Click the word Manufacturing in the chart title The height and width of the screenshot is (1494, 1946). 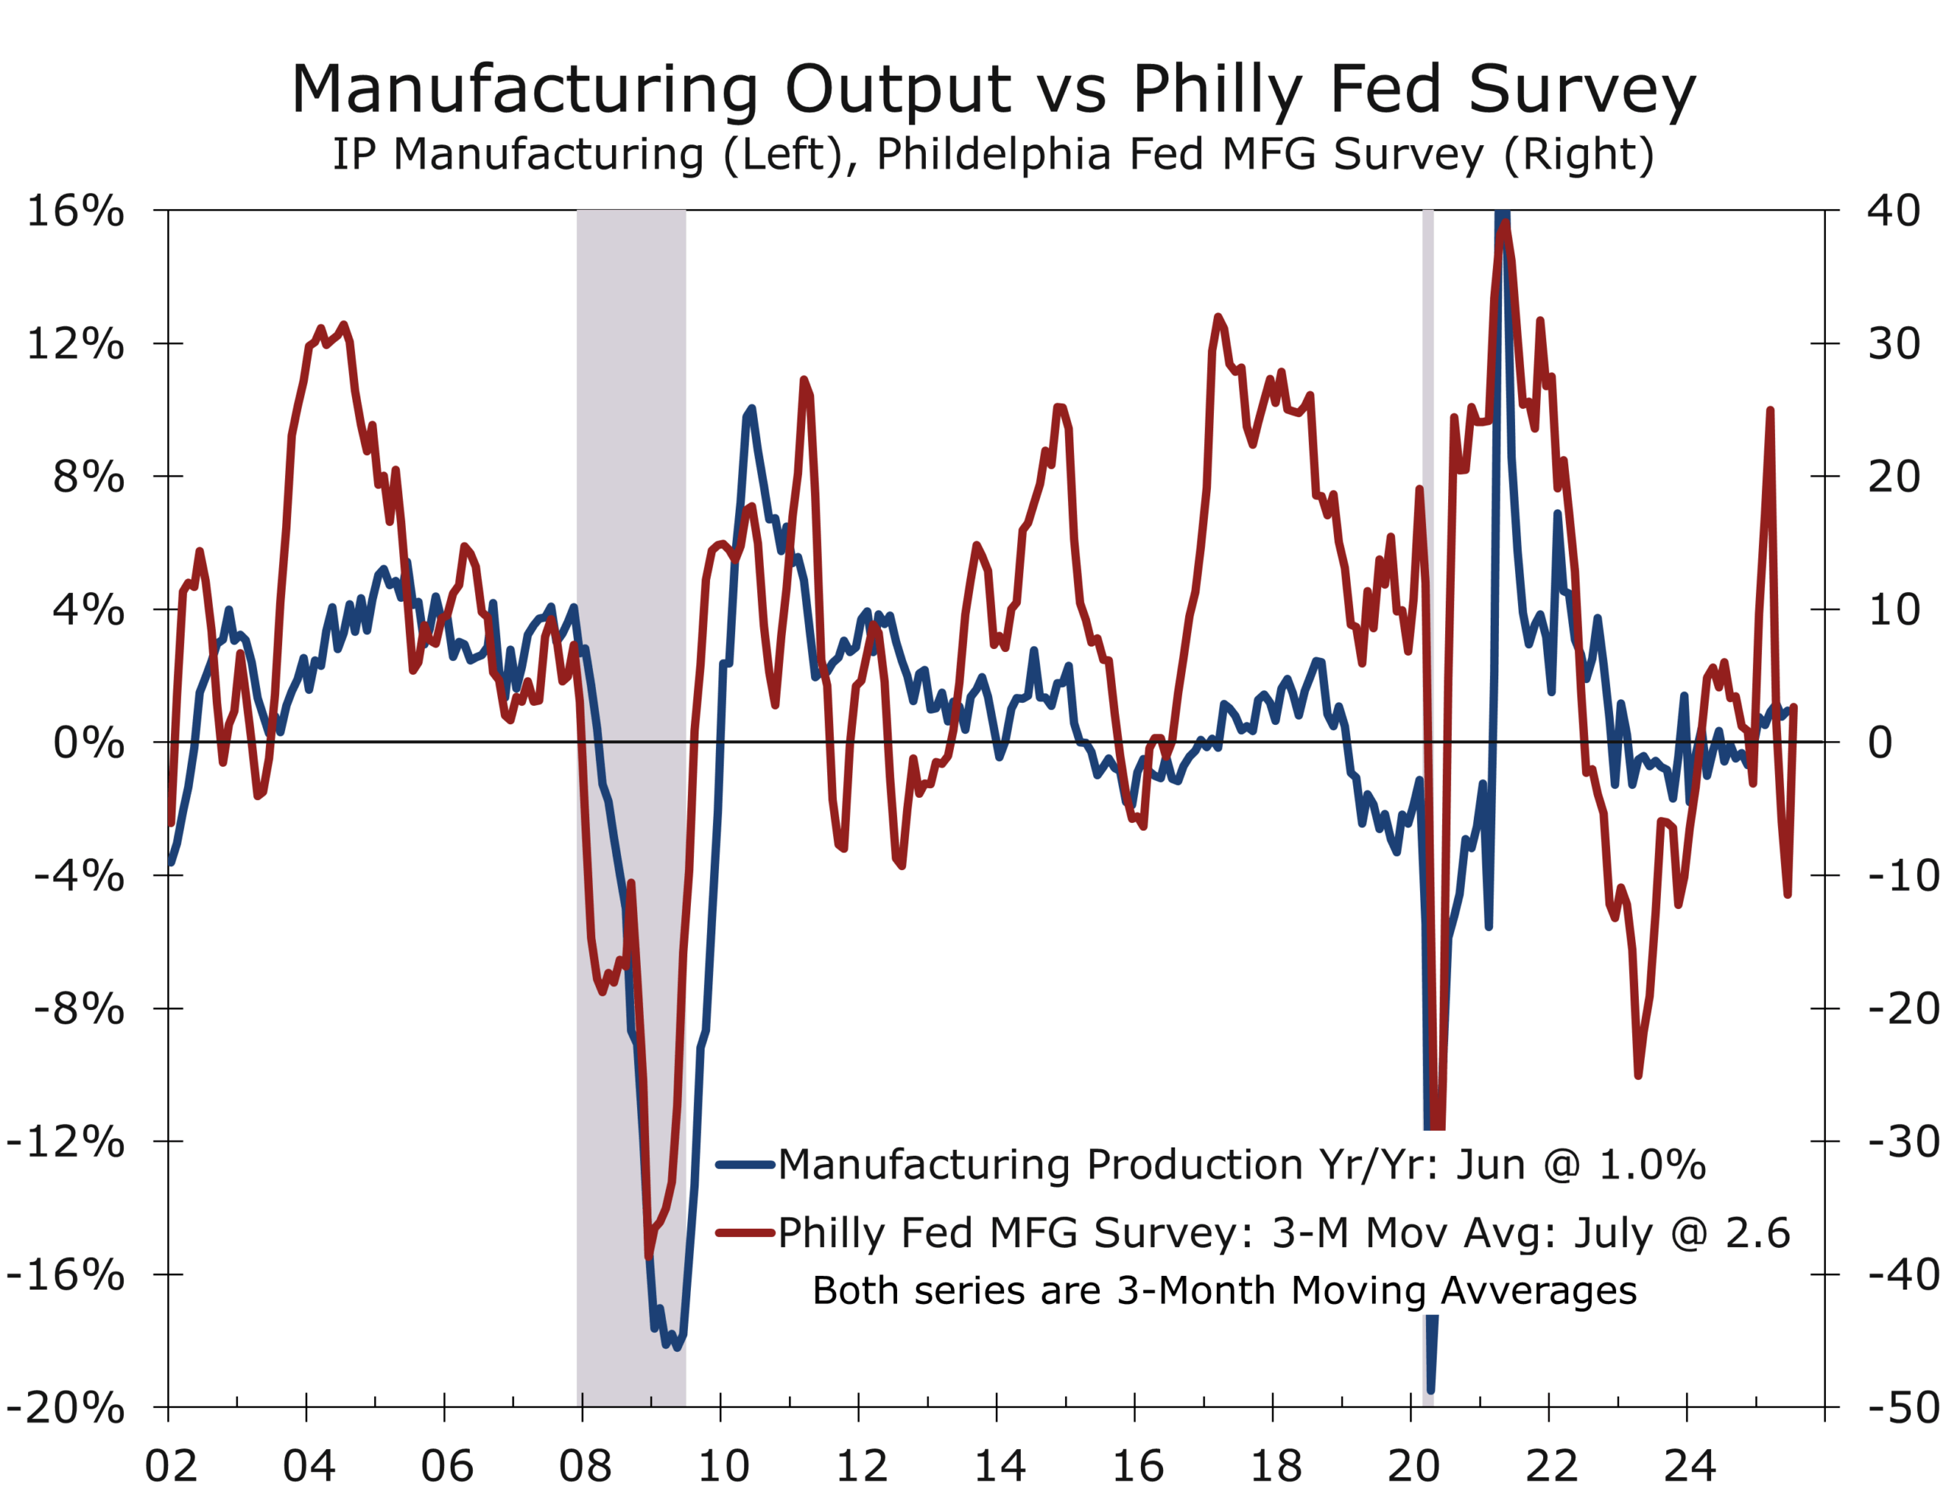(525, 90)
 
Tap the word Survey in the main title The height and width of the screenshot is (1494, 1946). (1581, 90)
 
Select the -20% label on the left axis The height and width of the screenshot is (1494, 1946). (66, 1407)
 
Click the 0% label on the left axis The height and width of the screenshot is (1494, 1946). (88, 742)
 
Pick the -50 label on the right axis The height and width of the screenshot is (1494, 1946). (1903, 1407)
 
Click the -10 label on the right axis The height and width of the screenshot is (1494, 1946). (1903, 876)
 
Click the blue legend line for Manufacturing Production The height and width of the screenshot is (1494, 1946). (744, 1164)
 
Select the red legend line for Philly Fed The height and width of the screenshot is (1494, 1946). (744, 1233)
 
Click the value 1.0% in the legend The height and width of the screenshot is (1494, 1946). (1652, 1165)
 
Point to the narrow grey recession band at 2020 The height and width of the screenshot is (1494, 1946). (1428, 622)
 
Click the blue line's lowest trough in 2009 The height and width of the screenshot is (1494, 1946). (678, 1347)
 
